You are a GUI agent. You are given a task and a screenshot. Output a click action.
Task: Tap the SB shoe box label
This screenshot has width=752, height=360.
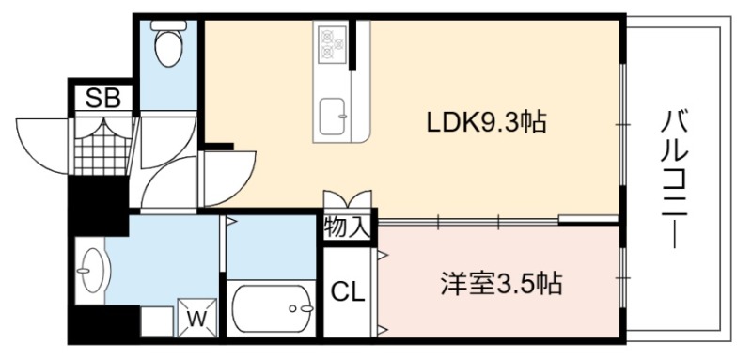102,99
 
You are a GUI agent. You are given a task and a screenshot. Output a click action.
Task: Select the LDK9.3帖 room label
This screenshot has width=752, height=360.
487,123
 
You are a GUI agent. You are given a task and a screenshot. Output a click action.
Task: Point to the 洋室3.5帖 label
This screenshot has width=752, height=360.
501,284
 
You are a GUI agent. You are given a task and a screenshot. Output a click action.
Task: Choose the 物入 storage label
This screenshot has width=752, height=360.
347,227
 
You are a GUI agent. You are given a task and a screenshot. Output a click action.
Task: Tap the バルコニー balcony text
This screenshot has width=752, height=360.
674,179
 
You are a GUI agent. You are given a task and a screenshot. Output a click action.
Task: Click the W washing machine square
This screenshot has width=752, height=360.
196,318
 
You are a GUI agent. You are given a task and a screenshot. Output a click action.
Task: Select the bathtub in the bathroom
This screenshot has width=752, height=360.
272,308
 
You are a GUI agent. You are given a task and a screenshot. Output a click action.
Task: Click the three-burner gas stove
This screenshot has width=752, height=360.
333,42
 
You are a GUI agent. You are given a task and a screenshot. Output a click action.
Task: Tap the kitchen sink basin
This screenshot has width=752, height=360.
333,117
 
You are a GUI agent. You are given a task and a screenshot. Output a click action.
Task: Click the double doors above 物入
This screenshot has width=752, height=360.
347,199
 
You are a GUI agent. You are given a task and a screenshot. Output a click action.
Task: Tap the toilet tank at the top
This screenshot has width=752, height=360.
169,25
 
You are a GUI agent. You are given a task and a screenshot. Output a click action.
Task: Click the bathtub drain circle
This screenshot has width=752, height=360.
292,308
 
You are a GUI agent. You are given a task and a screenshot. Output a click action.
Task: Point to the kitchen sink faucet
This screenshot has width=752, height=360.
342,116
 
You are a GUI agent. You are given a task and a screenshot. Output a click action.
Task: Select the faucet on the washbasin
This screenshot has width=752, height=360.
83,271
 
